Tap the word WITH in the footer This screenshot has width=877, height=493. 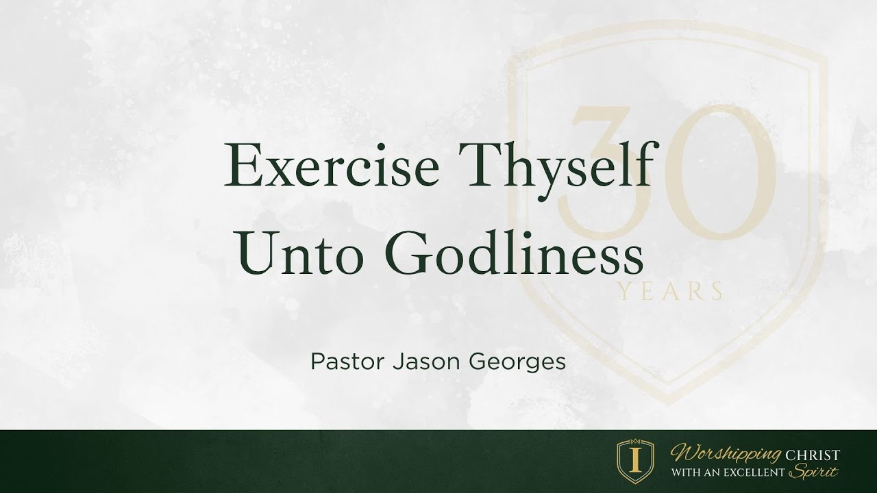pyautogui.click(x=684, y=472)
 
